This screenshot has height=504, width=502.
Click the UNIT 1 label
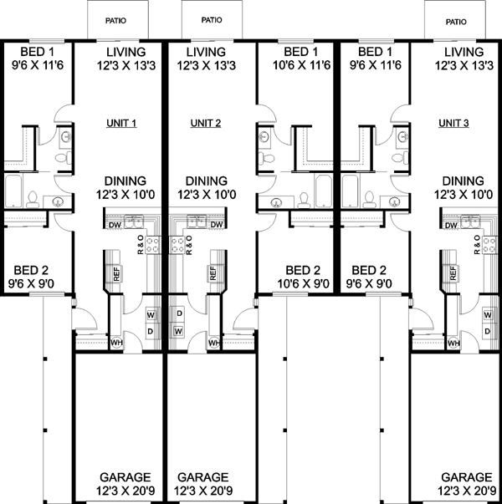(x=122, y=124)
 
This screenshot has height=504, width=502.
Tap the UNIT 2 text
(x=205, y=124)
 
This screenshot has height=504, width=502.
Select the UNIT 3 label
(x=454, y=124)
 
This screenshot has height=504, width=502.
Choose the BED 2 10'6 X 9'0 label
(x=302, y=277)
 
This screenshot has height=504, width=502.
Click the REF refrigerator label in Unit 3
(x=454, y=273)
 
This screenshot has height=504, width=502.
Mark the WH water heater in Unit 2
(x=213, y=343)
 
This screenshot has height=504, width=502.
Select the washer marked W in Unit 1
(x=151, y=315)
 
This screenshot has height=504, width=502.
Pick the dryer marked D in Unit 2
(x=178, y=313)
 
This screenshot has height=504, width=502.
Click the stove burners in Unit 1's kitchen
(x=152, y=244)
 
